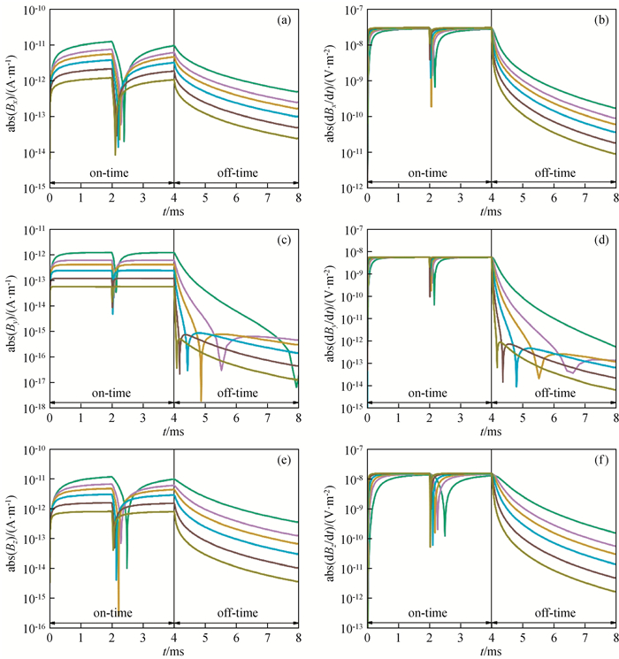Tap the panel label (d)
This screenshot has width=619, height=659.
[601, 238]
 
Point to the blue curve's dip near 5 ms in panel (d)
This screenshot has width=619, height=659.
[516, 385]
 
